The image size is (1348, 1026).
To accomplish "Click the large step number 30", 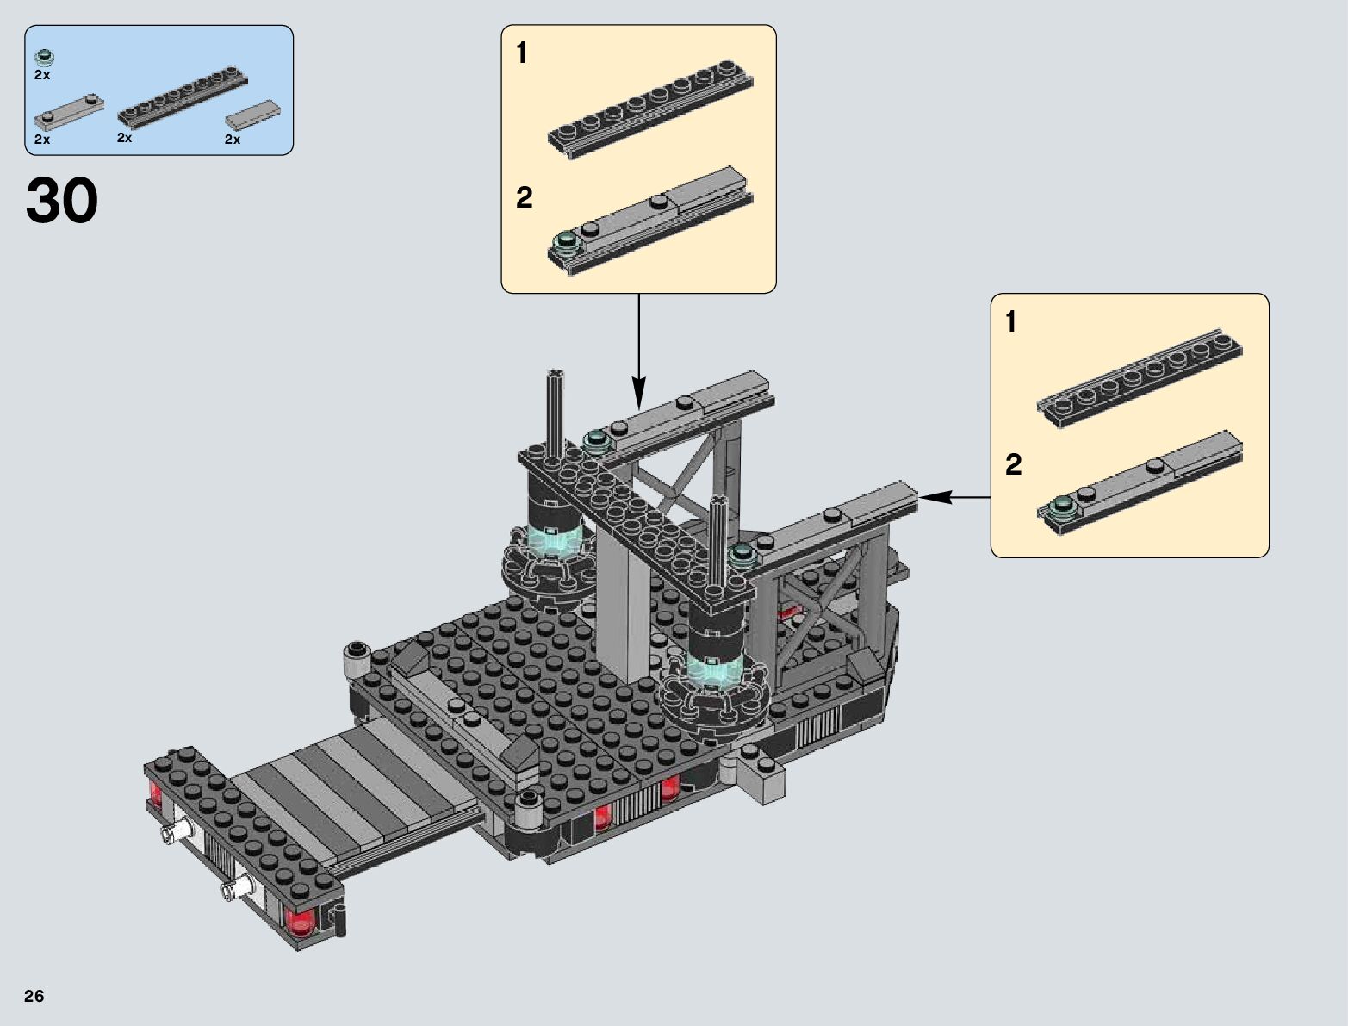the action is pos(61,200).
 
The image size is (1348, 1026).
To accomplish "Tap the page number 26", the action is pos(34,996).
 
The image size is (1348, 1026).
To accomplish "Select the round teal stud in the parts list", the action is pos(44,57).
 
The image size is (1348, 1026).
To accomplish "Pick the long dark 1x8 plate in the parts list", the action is pos(183,97).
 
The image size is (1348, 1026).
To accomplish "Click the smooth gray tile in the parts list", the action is pos(253,115).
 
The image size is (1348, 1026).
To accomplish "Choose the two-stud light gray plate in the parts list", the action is pos(69,113).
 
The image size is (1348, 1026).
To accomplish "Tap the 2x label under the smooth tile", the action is pos(233,140).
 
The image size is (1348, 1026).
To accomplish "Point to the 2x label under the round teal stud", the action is pos(42,75).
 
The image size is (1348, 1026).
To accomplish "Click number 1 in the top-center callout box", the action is pos(521,53).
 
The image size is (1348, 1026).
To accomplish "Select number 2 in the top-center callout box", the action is pos(524,197).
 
